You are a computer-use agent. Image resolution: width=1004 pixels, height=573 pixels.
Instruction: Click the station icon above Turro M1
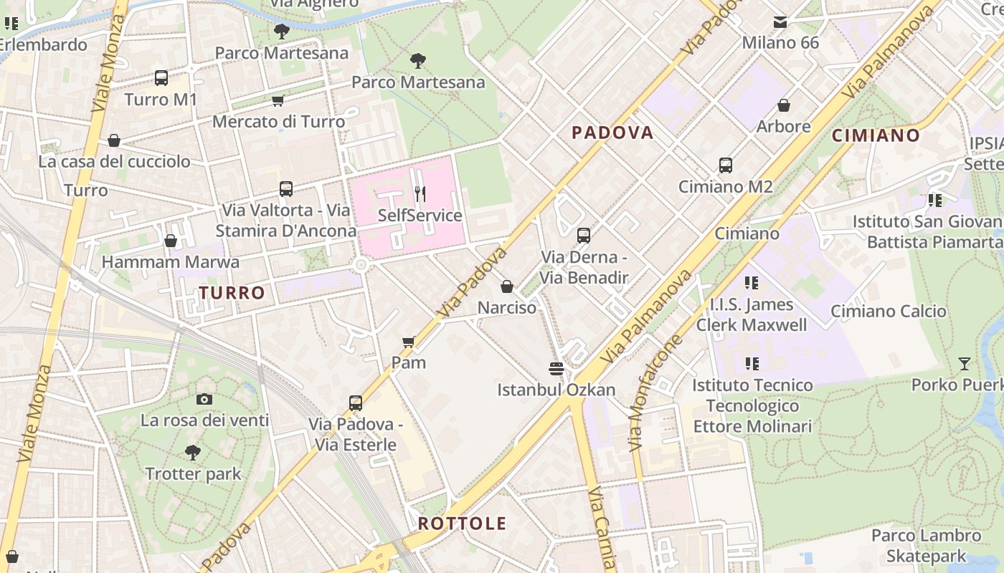(161, 78)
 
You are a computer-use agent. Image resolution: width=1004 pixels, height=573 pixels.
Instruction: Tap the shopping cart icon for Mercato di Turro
(278, 101)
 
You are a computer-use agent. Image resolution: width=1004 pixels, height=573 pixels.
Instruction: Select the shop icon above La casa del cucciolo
(113, 140)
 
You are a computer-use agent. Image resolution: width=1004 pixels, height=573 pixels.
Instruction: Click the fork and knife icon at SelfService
(420, 193)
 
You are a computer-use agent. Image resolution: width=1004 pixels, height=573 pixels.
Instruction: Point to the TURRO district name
(232, 293)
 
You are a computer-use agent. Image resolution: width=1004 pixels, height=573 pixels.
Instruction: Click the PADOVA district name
(612, 133)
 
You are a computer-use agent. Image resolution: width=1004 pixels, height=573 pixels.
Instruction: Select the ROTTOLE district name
(462, 524)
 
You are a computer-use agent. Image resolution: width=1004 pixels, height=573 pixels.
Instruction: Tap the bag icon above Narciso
(507, 286)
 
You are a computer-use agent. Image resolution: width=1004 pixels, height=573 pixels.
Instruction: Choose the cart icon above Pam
(409, 342)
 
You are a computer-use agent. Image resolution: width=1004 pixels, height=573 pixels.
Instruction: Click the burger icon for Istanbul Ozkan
(557, 369)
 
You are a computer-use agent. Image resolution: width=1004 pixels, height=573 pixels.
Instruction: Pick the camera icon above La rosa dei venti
(204, 399)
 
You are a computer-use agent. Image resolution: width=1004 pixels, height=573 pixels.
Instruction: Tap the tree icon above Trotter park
(193, 453)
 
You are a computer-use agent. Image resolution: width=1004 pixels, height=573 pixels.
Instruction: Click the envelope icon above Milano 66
(780, 21)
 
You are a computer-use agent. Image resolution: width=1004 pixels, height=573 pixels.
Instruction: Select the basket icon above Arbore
(784, 105)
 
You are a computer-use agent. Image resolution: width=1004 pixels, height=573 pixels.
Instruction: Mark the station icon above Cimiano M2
(726, 165)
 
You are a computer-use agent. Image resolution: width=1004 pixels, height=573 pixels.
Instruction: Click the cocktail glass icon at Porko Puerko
(965, 364)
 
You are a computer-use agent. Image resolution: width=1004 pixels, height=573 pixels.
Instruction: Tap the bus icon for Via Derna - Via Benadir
(584, 235)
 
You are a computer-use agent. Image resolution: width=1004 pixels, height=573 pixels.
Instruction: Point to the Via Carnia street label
(602, 526)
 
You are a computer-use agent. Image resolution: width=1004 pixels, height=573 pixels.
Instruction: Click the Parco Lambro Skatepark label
(926, 546)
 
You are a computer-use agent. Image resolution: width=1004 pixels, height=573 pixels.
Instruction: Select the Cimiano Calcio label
(888, 312)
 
